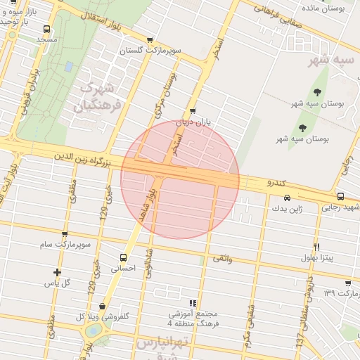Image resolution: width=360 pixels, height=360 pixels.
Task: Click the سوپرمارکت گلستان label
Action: tap(150, 51)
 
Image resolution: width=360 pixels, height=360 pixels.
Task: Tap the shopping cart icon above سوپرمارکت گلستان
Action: tap(150, 41)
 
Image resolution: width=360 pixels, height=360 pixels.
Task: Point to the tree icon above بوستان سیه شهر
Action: tap(303, 128)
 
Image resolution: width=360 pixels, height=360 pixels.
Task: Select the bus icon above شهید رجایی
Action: tap(341, 196)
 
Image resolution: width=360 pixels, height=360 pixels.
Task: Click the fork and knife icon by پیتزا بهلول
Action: tap(317, 247)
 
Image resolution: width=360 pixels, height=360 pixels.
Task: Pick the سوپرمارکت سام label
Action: tap(65, 245)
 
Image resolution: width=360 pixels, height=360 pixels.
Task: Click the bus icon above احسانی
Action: tap(124, 257)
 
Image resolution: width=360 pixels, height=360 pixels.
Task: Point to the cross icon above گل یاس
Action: tap(58, 272)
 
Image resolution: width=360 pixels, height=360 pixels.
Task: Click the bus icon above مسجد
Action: tap(46, 30)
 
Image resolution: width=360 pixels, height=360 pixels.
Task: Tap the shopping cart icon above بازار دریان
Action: tap(193, 112)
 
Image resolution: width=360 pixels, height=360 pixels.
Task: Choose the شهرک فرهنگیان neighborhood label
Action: tap(96, 98)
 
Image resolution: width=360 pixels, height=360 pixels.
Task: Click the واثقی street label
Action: tap(221, 259)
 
